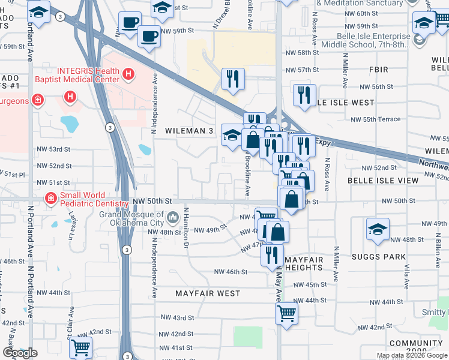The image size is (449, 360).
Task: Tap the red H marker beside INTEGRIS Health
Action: (127, 74)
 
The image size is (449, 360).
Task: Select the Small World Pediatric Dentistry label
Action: (86, 199)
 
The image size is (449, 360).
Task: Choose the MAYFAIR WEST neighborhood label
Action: (208, 294)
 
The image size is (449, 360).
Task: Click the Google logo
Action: (20, 353)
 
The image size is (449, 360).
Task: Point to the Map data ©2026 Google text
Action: (412, 355)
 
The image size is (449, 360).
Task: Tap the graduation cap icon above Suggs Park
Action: (378, 230)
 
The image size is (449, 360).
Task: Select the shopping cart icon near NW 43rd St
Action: (286, 313)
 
